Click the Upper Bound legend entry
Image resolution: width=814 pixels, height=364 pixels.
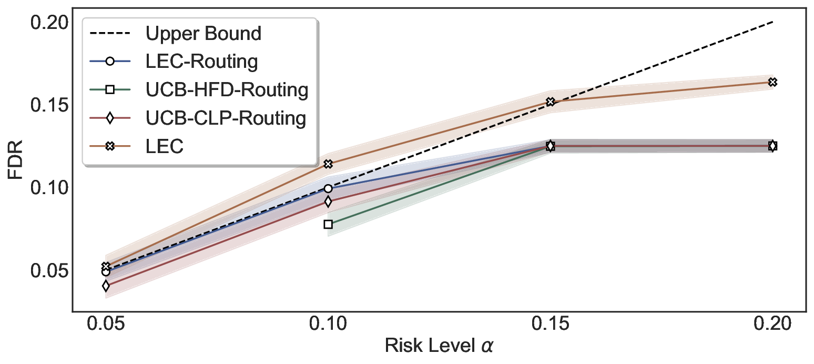203,34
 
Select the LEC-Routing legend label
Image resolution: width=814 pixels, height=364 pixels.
201,62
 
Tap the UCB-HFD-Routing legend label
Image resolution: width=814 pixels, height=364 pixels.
227,90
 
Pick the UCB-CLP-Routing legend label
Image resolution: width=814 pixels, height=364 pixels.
226,118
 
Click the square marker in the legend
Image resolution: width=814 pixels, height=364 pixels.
109,90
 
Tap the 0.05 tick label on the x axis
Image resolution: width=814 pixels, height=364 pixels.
106,324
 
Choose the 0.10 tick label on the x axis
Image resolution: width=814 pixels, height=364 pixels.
328,324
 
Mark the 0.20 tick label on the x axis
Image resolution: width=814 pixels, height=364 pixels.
772,324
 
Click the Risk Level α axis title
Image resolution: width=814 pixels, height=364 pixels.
440,346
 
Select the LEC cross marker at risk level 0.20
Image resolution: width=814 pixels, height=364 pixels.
772,82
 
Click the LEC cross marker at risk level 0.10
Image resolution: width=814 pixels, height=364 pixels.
328,164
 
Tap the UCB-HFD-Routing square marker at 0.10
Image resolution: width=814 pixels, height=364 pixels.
328,224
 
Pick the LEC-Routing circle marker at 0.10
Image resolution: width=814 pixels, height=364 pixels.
328,188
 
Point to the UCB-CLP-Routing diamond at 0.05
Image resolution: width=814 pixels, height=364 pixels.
106,286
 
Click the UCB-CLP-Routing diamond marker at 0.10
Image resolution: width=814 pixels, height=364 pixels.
328,201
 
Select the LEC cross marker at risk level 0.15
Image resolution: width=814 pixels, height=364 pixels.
551,102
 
